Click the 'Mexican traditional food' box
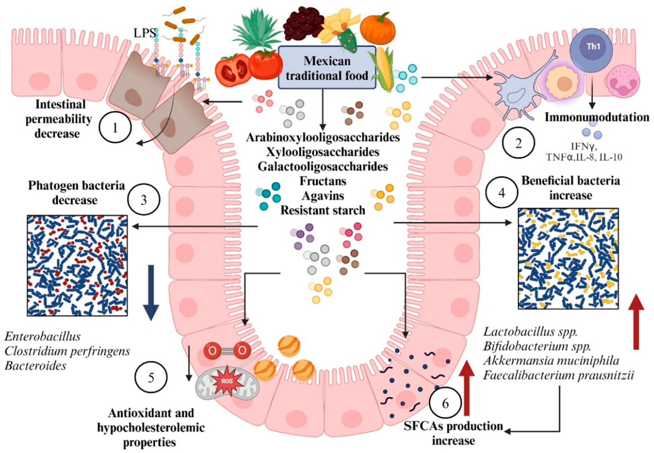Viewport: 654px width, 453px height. [327, 68]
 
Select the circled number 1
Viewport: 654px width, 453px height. [115, 128]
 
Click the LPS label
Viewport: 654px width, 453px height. [145, 33]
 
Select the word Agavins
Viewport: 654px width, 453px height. [323, 196]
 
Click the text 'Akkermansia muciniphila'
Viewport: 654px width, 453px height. [551, 361]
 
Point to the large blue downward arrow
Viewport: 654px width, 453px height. [151, 292]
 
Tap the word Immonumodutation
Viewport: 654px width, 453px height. [597, 117]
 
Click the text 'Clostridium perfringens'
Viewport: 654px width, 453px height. [67, 351]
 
